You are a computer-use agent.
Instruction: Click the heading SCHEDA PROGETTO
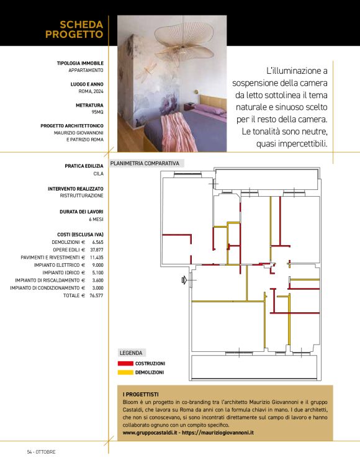[74, 29]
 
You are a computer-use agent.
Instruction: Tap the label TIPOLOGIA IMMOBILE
[80, 63]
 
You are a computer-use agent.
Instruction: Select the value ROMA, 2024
[86, 91]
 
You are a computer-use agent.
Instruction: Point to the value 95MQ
[97, 113]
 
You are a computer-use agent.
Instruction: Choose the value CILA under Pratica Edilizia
[98, 174]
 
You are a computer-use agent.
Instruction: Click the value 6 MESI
[96, 219]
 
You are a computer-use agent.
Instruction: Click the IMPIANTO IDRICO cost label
[64, 272]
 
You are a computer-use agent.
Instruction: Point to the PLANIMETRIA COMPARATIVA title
[145, 164]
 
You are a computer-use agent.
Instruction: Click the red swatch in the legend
[126, 363]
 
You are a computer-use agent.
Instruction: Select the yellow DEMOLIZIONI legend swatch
[126, 372]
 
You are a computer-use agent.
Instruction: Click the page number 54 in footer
[29, 451]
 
